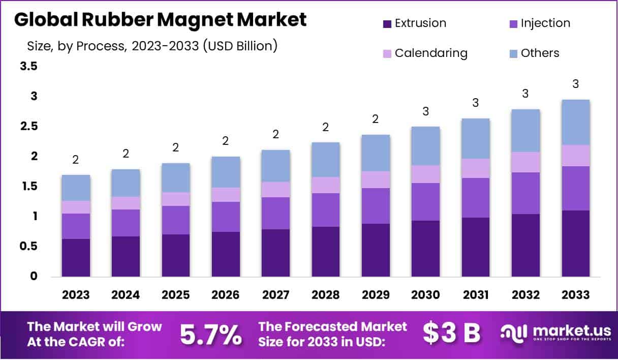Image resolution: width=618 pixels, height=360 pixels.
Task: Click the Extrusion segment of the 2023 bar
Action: tap(76, 258)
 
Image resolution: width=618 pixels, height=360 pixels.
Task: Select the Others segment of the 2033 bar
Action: tap(576, 122)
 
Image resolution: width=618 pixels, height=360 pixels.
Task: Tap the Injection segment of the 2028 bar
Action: tap(326, 210)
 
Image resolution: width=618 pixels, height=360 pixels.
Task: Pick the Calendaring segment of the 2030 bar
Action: tap(426, 174)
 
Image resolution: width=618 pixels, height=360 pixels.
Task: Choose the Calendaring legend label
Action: tap(431, 53)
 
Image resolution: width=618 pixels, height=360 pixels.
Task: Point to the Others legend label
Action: tap(540, 53)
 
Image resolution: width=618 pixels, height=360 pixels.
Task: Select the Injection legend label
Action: tap(545, 23)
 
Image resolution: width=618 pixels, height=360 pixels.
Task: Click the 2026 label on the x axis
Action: tap(226, 295)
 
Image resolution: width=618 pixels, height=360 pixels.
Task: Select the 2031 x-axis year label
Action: tap(476, 295)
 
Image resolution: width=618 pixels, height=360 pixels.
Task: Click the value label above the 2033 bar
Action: tap(576, 84)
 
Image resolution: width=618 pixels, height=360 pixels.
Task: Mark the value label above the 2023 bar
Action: tap(76, 160)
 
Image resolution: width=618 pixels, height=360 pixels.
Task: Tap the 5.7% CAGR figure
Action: tap(211, 334)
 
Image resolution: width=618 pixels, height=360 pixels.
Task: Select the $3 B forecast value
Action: tap(451, 334)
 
